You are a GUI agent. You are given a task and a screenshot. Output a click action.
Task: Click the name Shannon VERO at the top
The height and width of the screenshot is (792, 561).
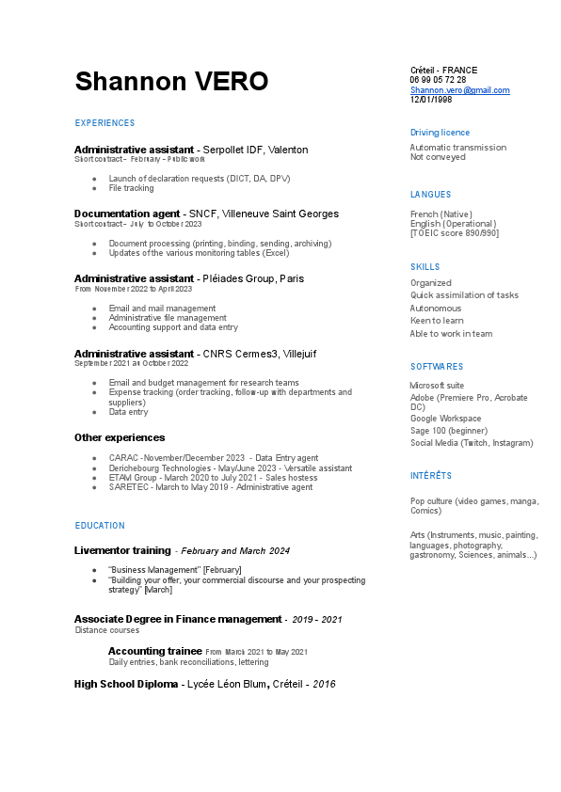coord(171,82)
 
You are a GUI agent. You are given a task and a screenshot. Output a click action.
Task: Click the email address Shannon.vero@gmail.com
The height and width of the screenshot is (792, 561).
coord(459,90)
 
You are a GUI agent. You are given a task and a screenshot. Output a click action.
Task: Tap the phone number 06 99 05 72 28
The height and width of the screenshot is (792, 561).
coord(438,80)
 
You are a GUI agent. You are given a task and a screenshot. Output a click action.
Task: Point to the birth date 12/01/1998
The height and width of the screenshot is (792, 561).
coord(431,100)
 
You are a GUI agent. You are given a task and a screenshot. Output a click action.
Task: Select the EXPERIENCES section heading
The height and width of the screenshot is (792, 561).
coord(104,123)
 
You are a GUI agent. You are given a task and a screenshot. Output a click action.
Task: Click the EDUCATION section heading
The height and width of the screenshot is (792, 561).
coord(100,526)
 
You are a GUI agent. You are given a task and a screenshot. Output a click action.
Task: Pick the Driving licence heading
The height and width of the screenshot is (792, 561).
coord(440,133)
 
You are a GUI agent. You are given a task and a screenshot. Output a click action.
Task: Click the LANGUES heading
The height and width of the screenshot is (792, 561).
coord(430,195)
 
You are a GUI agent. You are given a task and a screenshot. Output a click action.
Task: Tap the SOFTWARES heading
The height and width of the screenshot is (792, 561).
coord(437,367)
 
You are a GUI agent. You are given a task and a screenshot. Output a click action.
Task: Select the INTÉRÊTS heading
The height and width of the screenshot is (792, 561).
coord(431,476)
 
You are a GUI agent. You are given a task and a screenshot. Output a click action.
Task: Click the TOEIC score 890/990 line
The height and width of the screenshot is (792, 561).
coord(455,232)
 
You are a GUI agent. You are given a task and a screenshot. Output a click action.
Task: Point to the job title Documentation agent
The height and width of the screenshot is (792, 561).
coord(127,214)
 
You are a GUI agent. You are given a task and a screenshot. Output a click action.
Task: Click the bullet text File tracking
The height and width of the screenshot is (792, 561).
coord(131,188)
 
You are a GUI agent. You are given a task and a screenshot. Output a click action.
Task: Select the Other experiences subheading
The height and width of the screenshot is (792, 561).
coord(120,437)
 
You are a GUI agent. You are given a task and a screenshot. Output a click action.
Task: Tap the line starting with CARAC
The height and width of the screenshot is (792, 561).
coord(214,458)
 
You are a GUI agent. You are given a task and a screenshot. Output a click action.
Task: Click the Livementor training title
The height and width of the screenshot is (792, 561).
coord(122,550)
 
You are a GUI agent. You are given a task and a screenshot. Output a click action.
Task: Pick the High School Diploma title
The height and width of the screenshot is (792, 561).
coord(126,684)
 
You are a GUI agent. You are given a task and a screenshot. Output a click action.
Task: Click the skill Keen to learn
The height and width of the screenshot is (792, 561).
coord(437,321)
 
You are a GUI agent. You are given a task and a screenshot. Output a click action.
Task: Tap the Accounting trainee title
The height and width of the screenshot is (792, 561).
coord(154,651)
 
